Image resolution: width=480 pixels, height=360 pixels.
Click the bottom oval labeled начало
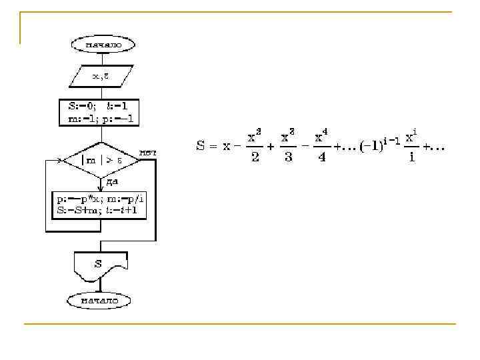[99, 300]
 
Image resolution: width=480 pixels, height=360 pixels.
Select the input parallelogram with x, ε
[101, 76]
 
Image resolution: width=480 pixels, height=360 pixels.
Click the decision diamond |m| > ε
[101, 160]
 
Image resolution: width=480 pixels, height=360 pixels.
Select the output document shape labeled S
[99, 265]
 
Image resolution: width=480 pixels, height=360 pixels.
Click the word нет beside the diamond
[147, 153]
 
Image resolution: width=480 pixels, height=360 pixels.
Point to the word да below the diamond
[111, 181]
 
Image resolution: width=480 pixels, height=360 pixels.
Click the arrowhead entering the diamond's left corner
[65, 160]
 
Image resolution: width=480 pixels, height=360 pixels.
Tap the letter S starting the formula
[201, 146]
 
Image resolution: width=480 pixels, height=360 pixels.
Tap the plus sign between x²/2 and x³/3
[271, 147]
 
